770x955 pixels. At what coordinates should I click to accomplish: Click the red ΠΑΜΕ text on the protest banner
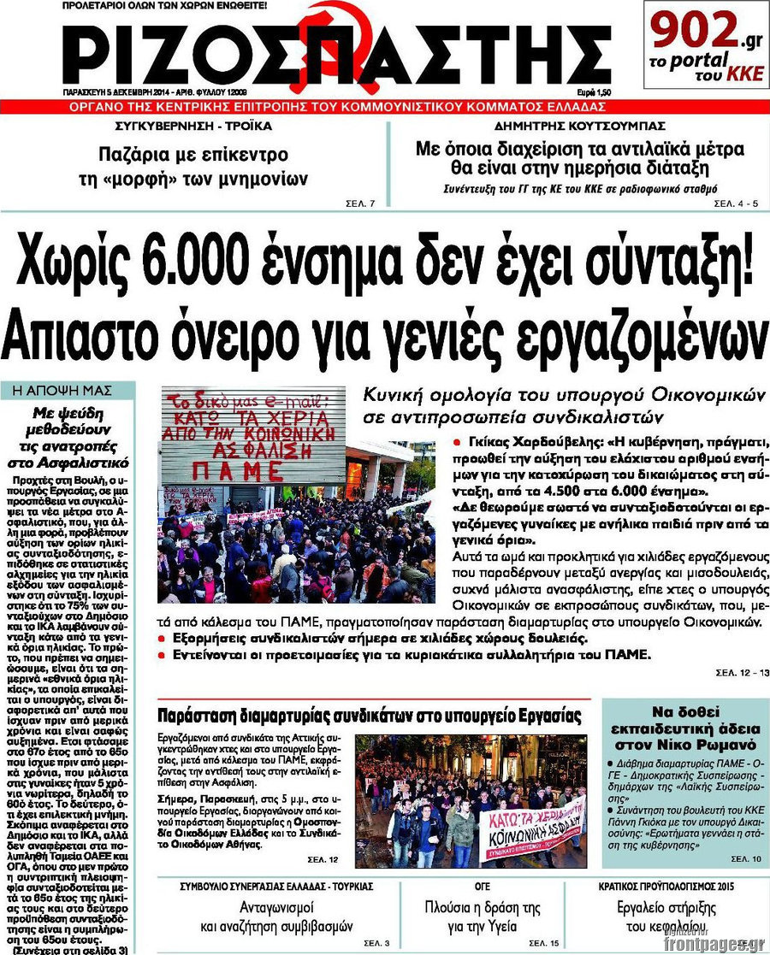pos(238,470)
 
